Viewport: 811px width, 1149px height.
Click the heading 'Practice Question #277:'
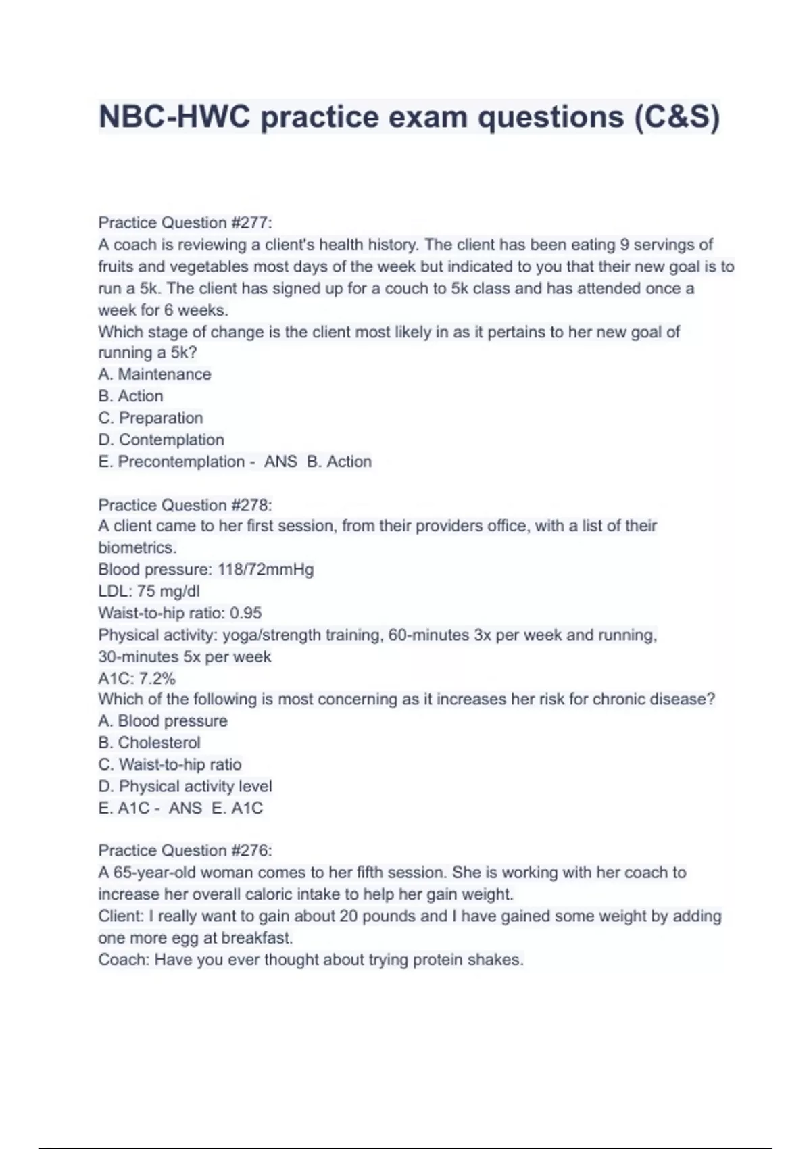tap(185, 222)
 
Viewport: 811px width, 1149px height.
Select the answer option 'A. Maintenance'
tap(155, 374)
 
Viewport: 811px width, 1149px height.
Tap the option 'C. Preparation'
tap(151, 418)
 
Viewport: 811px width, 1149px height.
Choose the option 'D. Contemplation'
tap(162, 439)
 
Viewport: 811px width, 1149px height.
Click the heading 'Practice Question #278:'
tap(185, 505)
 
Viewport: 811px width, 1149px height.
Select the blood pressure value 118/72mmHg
tap(266, 569)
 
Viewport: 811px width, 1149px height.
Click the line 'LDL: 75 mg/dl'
tap(149, 591)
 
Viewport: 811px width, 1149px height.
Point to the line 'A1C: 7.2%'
tap(137, 678)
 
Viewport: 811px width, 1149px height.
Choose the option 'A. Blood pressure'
tap(163, 720)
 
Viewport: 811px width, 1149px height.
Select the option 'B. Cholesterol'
tap(149, 742)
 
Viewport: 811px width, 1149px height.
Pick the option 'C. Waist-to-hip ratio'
tap(170, 764)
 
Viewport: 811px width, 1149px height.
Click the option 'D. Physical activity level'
tap(185, 786)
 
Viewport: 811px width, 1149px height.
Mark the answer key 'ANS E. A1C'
tap(216, 808)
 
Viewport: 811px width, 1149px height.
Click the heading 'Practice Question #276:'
tap(185, 850)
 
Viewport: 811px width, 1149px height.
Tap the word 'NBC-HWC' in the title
tap(174, 116)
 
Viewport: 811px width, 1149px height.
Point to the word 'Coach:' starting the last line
tap(124, 960)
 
